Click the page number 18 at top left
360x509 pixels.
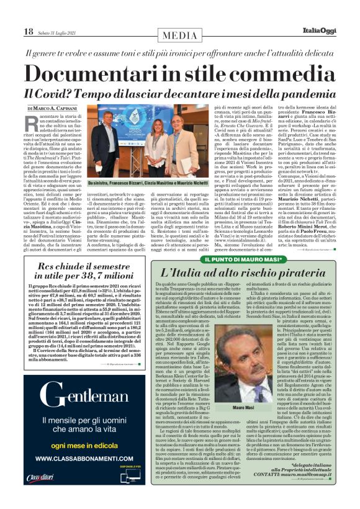pyautogui.click(x=29, y=32)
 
